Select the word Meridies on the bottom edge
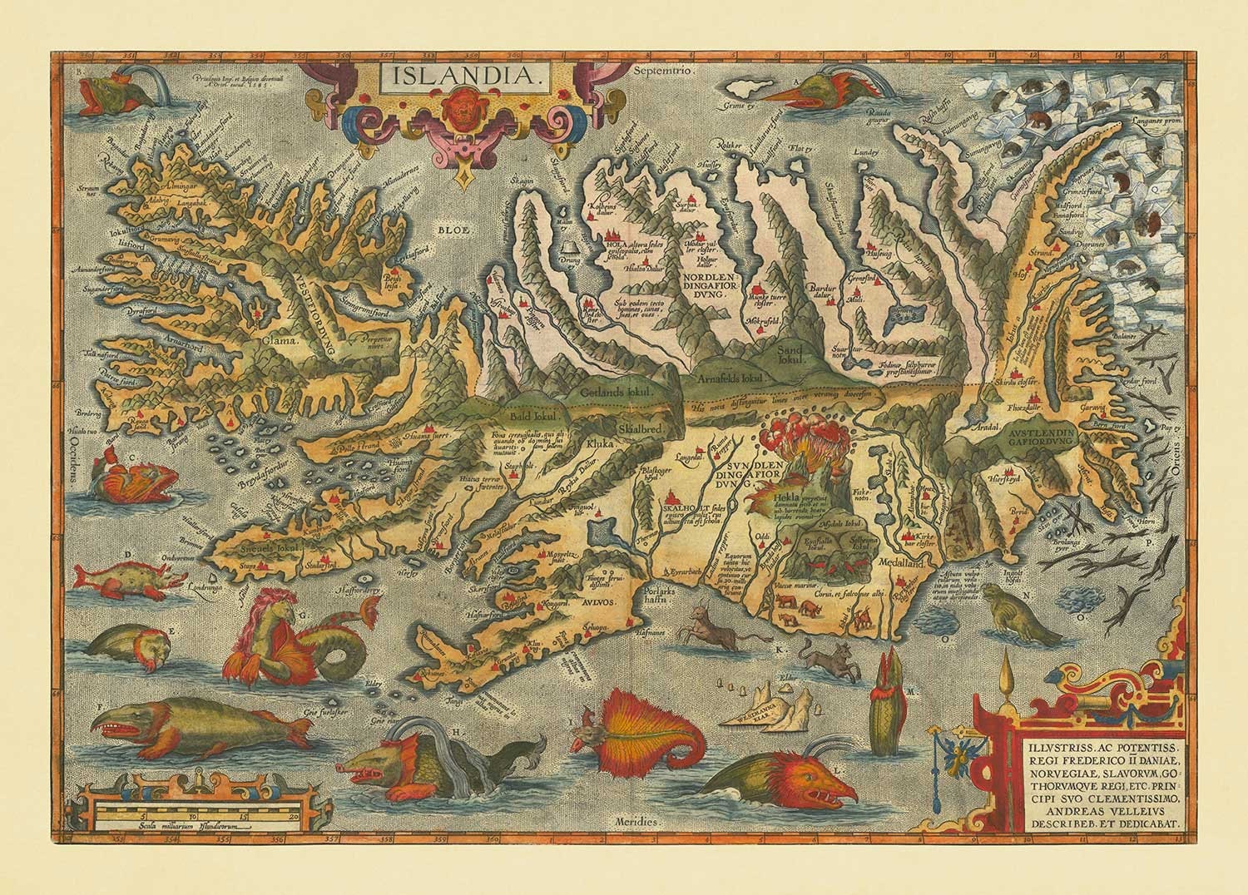(x=637, y=819)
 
